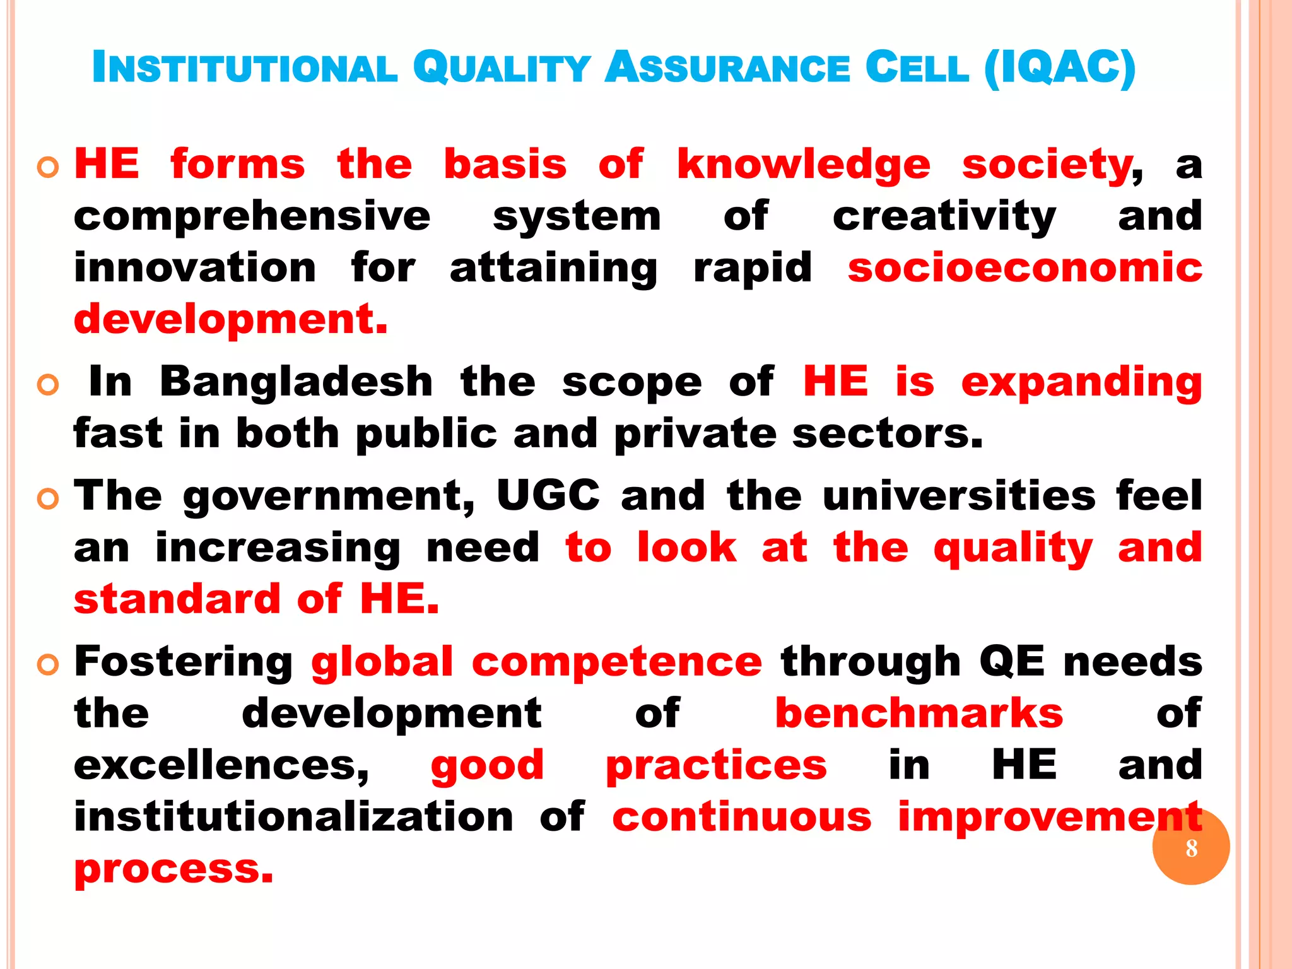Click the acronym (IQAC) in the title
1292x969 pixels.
(1060, 68)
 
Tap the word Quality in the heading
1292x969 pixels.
(502, 68)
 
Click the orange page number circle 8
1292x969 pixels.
(1190, 847)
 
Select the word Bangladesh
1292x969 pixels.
(296, 382)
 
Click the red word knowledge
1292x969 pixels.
(803, 165)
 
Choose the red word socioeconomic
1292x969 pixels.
(1025, 267)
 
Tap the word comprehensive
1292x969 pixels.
(252, 216)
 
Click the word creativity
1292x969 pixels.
(944, 216)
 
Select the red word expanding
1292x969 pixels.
(1081, 383)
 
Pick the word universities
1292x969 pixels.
(959, 496)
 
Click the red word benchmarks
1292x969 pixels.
(919, 714)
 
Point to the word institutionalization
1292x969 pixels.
(294, 816)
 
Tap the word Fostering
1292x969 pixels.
(184, 662)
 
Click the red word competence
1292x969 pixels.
(616, 662)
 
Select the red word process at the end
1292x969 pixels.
(173, 869)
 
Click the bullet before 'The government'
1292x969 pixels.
(48, 499)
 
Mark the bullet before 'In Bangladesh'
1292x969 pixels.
(48, 384)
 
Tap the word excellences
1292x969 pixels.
(221, 765)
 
